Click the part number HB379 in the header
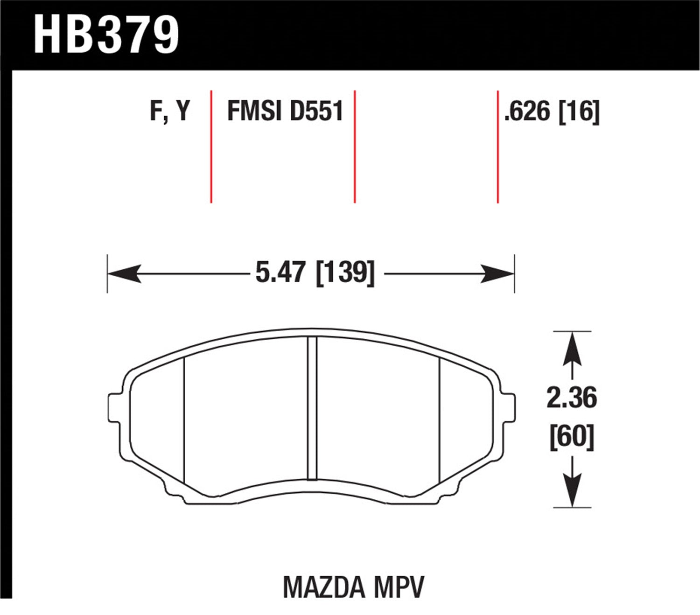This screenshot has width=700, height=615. pos(106,35)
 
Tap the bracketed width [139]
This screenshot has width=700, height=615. pos(345,273)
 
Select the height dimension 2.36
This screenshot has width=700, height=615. pos(572,398)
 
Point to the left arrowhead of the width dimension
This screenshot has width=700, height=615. pos(124,273)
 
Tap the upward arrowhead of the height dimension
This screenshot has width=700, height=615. pos(572,350)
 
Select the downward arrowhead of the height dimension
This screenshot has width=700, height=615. pos(572,490)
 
